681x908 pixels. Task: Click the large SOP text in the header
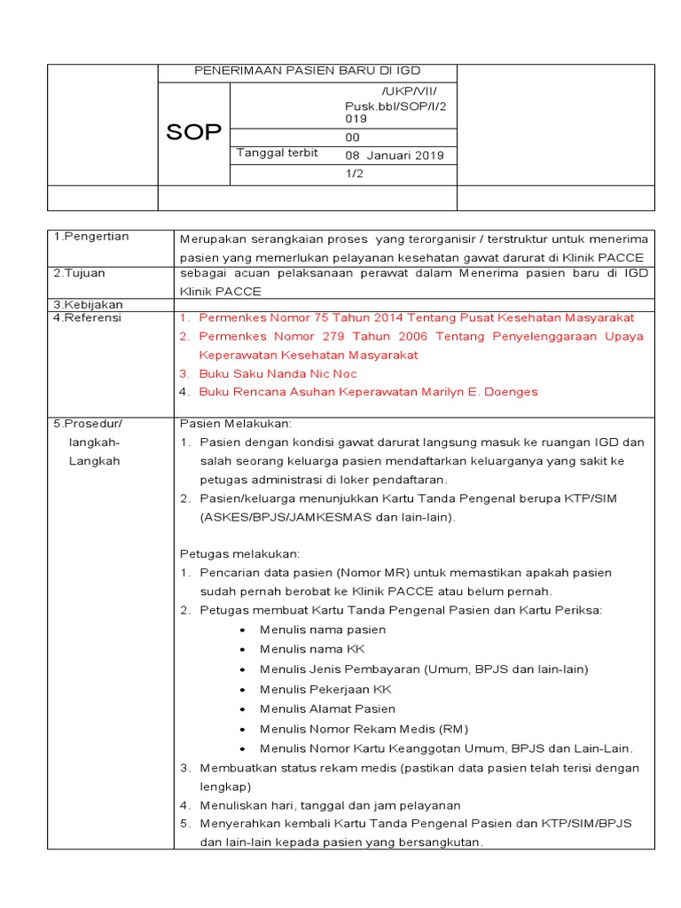pos(193,133)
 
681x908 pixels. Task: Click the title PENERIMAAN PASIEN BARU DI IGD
pos(307,71)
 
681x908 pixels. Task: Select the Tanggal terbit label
pos(277,153)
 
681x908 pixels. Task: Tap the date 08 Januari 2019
pos(394,156)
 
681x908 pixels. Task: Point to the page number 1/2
pos(354,174)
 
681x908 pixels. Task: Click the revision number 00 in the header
pos(352,137)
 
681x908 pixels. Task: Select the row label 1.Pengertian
pos(91,237)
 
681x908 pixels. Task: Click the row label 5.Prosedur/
pos(88,424)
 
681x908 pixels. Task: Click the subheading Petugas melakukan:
pos(239,553)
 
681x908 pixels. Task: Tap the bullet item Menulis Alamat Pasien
pos(327,708)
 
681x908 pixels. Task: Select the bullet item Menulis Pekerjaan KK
pos(325,689)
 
